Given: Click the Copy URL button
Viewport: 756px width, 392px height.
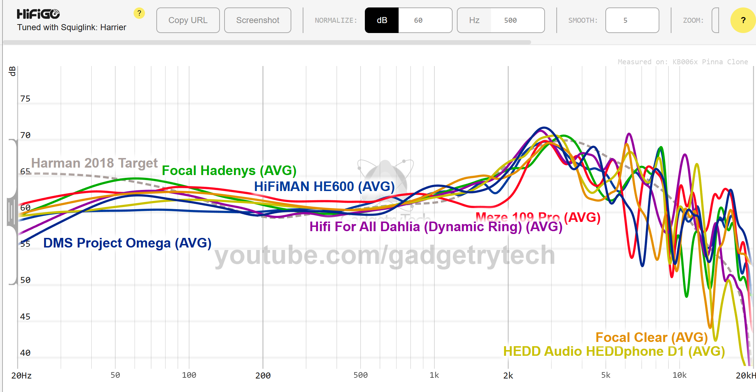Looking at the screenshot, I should (x=188, y=20).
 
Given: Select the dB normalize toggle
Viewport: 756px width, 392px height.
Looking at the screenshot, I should (x=382, y=20).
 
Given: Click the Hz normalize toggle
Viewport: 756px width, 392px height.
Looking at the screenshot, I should (x=474, y=20).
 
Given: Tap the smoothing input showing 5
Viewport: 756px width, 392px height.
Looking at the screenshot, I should (x=632, y=20).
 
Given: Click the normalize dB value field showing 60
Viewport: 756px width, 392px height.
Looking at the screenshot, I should (x=425, y=20).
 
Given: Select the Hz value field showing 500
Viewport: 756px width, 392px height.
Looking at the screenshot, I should (x=517, y=20).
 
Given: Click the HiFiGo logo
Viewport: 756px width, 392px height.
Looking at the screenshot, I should (x=38, y=14).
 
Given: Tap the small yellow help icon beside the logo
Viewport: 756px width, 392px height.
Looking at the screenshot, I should (x=139, y=13).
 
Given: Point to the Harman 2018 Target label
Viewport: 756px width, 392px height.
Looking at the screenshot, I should (x=94, y=163).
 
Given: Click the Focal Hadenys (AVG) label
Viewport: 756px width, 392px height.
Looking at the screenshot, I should (x=229, y=170).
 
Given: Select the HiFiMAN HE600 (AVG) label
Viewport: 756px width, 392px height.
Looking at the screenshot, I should (x=324, y=186).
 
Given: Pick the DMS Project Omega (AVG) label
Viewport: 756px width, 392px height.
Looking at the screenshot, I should (x=127, y=243).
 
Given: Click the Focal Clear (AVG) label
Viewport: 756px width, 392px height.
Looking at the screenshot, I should (x=652, y=337).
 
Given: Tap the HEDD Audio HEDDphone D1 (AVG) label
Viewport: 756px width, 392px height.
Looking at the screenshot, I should (x=614, y=351).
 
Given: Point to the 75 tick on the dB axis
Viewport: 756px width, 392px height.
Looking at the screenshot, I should (x=25, y=99).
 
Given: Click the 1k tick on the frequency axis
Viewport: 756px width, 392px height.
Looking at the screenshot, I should (x=434, y=375).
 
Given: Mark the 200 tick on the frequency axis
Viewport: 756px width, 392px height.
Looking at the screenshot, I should (x=263, y=375).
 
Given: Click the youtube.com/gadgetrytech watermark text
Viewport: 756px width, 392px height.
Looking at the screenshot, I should (x=384, y=255).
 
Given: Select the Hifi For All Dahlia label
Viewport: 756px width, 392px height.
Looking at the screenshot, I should (x=436, y=227).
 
